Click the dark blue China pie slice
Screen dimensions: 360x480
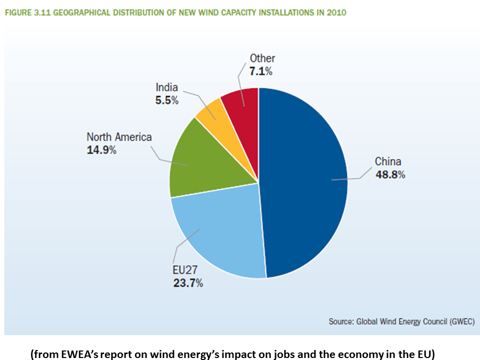click(305, 180)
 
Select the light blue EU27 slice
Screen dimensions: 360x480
click(220, 235)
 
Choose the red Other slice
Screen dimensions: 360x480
click(241, 100)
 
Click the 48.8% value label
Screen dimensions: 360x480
click(390, 174)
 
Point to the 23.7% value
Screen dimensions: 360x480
click(188, 283)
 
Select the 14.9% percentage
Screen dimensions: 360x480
click(101, 149)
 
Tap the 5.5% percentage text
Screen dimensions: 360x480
click(166, 100)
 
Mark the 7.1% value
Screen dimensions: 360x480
click(261, 71)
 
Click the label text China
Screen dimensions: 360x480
click(388, 161)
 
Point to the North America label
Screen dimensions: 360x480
click(119, 137)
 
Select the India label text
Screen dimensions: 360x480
click(166, 87)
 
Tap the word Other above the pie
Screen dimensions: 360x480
click(262, 58)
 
